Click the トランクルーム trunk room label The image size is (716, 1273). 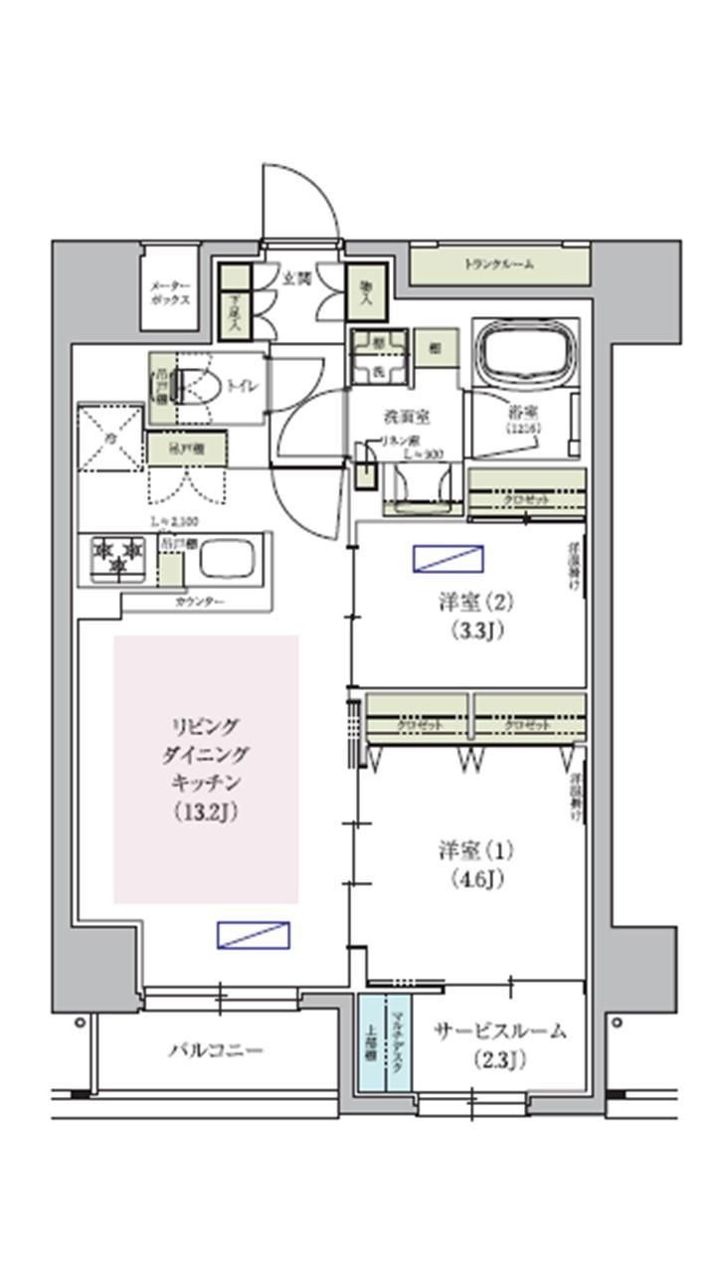coord(499,265)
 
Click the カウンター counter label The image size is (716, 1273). coord(199,603)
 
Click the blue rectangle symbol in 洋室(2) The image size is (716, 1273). coord(448,558)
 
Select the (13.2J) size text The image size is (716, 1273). coord(205,812)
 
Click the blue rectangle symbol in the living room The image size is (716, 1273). coord(254,935)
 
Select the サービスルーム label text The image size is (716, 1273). coord(499,1031)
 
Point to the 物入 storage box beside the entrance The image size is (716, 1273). coord(364,289)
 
